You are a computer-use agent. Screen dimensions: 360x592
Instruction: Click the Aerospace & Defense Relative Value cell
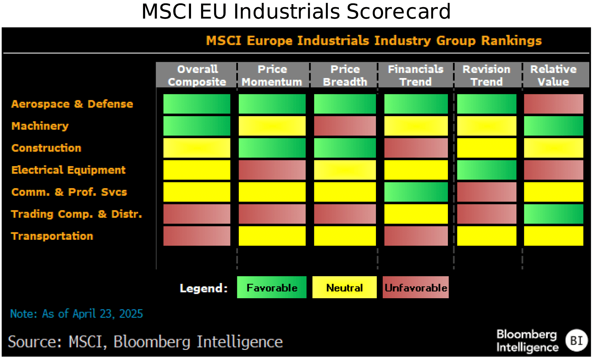pos(553,104)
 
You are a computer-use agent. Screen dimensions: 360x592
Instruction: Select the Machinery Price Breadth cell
pos(345,126)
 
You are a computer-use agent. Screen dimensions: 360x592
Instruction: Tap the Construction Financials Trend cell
pos(416,148)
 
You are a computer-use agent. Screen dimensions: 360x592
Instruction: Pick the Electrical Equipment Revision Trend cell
pos(486,170)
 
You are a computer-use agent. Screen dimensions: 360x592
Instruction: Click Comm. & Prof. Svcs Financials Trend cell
pos(416,192)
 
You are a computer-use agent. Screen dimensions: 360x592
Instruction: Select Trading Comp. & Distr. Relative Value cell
pos(553,214)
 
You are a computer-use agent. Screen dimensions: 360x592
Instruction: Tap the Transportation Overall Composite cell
pos(197,236)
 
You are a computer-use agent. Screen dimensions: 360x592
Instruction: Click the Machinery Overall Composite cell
pos(197,126)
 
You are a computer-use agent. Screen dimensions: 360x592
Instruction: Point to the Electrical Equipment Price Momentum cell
pos(272,170)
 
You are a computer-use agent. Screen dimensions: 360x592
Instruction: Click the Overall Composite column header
pos(197,75)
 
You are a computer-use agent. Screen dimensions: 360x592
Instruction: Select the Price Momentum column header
pos(272,75)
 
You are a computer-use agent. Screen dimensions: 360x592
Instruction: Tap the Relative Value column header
pos(553,75)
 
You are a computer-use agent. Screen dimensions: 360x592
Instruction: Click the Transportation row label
pos(52,236)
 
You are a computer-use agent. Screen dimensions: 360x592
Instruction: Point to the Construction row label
pos(46,148)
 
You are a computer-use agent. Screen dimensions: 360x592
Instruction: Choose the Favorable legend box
pos(272,287)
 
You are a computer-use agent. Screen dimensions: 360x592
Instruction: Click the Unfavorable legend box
pos(415,287)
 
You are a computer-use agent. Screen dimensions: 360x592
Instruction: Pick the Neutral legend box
pos(344,287)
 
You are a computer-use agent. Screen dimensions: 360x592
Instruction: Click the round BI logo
pos(576,340)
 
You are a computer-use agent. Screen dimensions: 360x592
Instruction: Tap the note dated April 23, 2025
pos(77,314)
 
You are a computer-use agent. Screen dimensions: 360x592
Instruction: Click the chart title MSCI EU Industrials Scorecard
pos(296,11)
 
